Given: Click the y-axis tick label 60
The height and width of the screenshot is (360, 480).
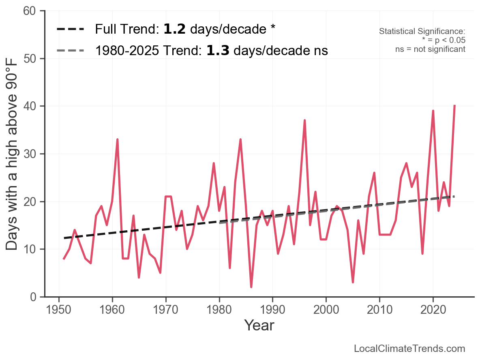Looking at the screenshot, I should (x=32, y=11).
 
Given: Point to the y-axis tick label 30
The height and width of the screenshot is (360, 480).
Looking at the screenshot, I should (x=32, y=154).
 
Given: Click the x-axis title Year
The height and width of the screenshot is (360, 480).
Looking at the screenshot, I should (x=259, y=326).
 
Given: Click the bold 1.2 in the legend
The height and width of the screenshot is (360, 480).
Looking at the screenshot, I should (x=175, y=29).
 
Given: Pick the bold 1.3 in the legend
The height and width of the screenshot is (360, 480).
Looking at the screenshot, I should (x=218, y=51).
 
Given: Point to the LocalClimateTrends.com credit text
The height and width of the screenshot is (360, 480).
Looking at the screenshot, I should (x=409, y=349).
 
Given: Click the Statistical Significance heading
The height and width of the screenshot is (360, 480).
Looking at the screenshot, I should (x=422, y=32).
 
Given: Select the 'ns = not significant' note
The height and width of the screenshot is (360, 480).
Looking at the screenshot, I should (x=430, y=49).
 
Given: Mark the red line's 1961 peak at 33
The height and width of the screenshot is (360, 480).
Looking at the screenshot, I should (x=117, y=139).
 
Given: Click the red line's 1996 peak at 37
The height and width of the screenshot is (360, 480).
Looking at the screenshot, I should (x=304, y=120).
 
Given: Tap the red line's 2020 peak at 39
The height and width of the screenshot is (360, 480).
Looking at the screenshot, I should (x=433, y=111).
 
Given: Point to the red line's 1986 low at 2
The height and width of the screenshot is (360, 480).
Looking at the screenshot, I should (x=251, y=287).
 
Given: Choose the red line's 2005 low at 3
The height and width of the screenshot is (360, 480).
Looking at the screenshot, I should (x=353, y=282).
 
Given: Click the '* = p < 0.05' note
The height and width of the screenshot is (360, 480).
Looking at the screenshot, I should (x=444, y=40).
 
